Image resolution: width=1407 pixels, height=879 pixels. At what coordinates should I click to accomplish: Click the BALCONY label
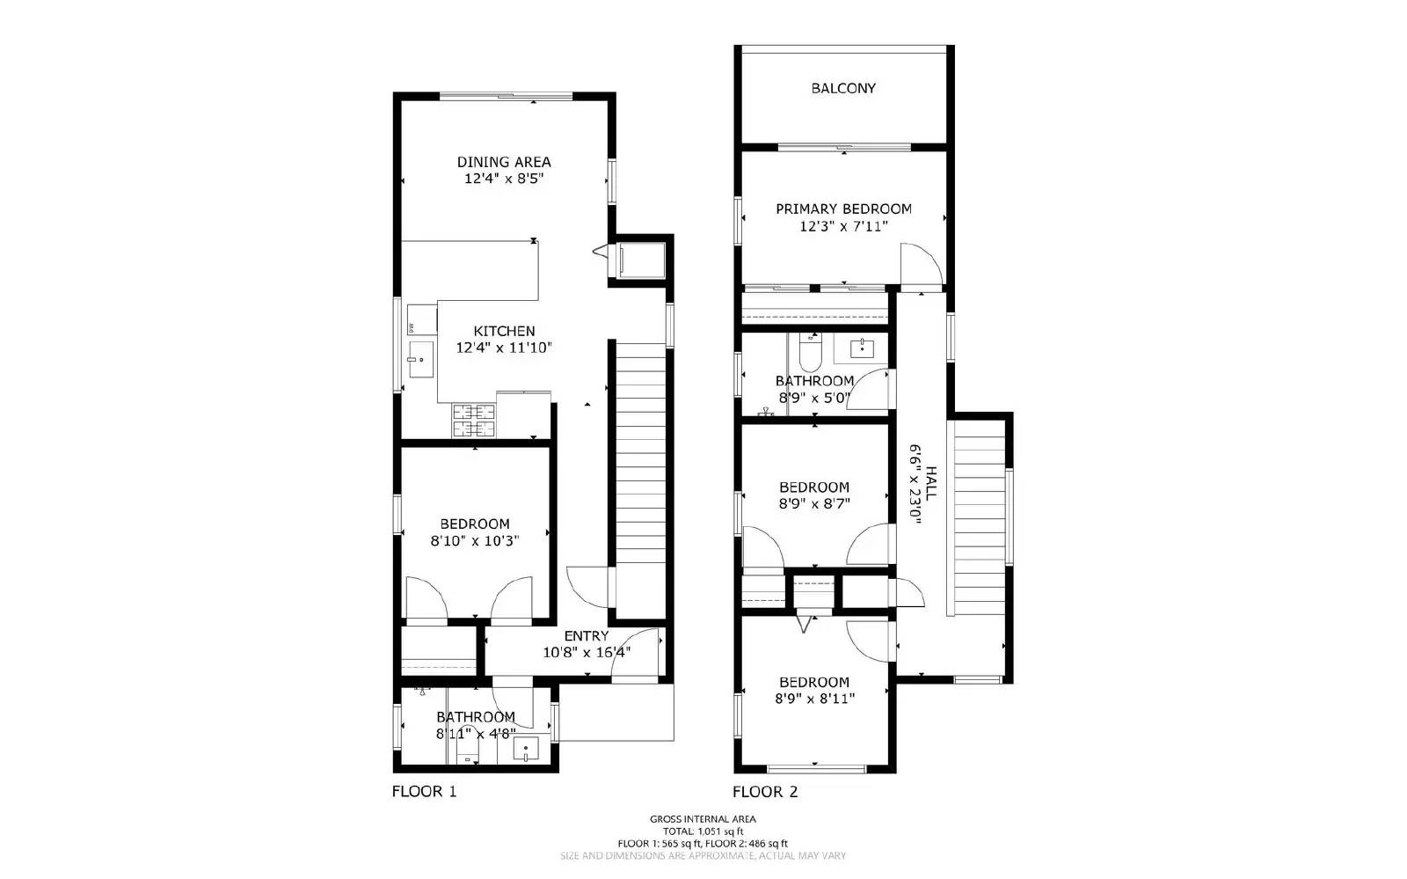click(843, 88)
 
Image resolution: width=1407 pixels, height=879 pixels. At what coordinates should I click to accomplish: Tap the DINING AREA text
click(504, 162)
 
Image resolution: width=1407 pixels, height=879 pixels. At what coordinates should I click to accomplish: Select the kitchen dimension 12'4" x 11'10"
click(504, 348)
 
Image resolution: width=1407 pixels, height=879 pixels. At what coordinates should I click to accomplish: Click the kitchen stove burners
click(474, 421)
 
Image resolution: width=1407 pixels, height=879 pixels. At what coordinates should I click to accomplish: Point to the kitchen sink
click(421, 359)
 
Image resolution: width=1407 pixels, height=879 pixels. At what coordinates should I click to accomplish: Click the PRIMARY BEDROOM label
click(843, 209)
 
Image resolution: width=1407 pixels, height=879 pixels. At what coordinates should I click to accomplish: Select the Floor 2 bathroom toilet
click(809, 355)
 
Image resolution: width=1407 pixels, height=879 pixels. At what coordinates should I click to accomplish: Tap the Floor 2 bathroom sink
click(864, 348)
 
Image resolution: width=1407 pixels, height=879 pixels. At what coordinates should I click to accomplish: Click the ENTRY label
click(586, 636)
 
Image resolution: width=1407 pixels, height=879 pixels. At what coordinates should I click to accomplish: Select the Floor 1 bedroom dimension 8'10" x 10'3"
click(475, 541)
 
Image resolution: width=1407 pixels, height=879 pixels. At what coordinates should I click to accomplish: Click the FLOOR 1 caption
click(424, 792)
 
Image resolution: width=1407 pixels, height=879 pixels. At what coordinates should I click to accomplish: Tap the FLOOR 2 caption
click(765, 792)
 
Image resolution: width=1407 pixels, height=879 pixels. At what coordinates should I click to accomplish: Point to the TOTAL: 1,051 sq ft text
click(703, 831)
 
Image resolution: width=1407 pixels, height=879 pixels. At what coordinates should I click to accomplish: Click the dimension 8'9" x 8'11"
click(814, 699)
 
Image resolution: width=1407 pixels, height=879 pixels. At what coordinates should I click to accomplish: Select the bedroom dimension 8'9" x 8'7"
click(814, 504)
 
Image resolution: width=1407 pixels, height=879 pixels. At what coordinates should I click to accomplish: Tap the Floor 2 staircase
click(980, 519)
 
